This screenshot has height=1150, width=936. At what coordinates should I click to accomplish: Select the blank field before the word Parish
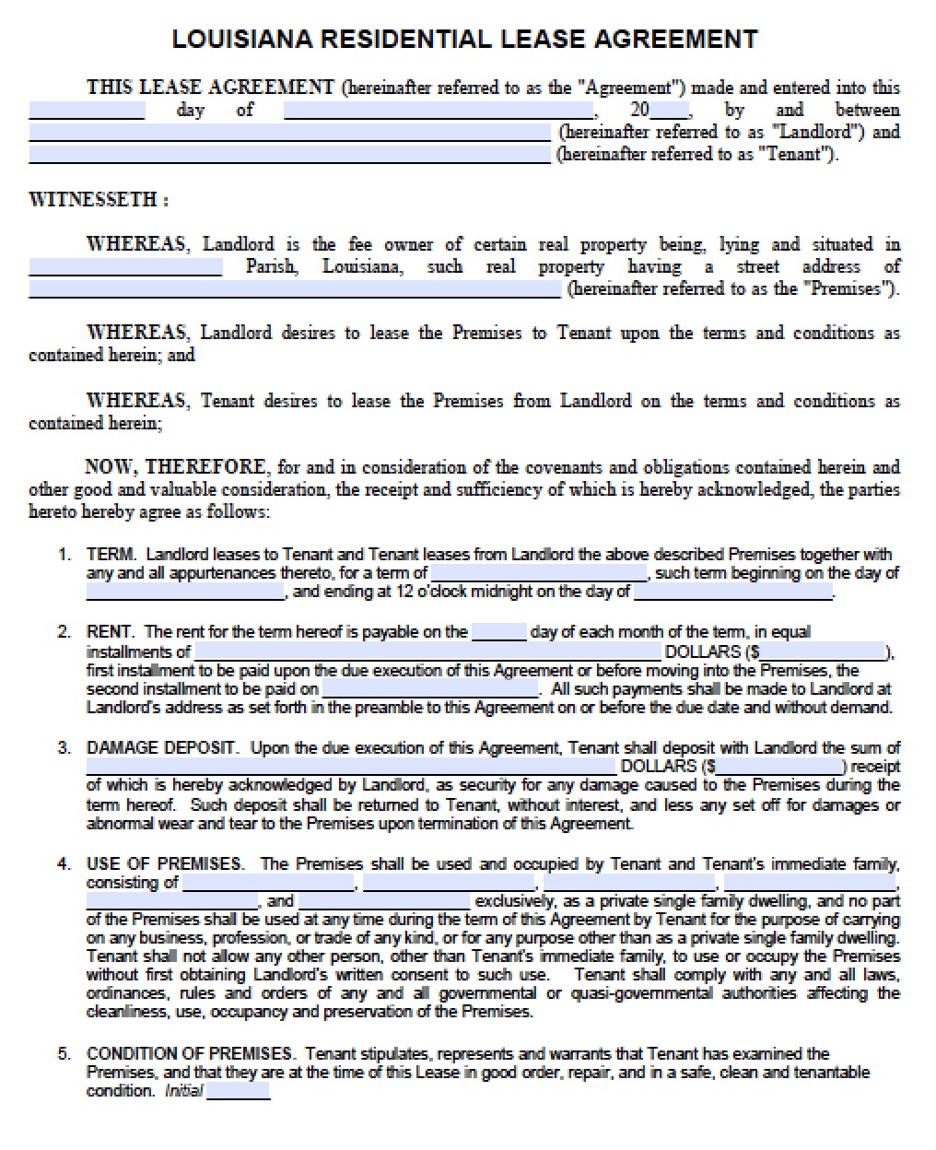click(x=125, y=267)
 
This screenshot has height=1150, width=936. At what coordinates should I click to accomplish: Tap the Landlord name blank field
click(x=289, y=132)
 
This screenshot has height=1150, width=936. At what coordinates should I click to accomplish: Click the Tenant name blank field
click(x=289, y=154)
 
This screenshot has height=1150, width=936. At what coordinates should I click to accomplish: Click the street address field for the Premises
click(x=294, y=289)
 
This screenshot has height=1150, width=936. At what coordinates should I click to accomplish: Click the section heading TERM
click(x=111, y=555)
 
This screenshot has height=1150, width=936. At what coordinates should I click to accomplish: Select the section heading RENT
click(x=111, y=632)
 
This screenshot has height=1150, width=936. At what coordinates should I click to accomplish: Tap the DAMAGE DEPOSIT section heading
click(x=162, y=748)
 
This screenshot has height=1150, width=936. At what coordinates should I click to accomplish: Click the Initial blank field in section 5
click(x=239, y=1092)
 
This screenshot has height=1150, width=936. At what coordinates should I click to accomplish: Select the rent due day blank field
click(x=499, y=632)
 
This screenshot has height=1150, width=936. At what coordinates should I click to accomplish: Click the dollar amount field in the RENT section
click(x=823, y=651)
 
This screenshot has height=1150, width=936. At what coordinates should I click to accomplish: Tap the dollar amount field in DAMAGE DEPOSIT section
click(x=778, y=767)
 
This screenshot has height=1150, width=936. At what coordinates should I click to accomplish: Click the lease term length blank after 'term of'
click(x=541, y=573)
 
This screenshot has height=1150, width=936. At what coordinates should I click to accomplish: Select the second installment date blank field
click(x=430, y=689)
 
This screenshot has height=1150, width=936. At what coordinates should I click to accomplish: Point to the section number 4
click(x=64, y=864)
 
